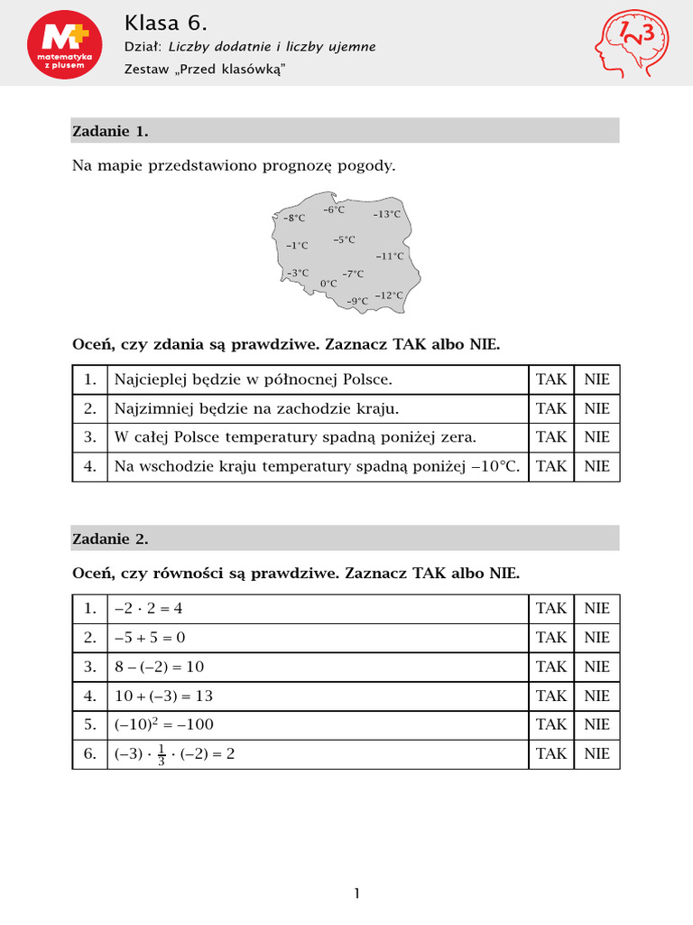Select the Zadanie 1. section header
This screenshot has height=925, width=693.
110,131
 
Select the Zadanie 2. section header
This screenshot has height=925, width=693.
110,539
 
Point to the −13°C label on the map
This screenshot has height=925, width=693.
386,214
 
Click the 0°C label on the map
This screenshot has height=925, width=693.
328,283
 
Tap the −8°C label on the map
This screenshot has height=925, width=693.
293,218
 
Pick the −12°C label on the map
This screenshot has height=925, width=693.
389,295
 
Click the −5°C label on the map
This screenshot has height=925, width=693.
344,239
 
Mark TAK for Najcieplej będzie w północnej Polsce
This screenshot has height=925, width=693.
551,379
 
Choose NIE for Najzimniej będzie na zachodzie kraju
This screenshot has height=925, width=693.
596,408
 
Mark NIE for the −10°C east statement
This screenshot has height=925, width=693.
596,466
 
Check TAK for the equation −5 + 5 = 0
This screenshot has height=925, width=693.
551,638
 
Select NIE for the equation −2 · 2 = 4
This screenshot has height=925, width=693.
596,609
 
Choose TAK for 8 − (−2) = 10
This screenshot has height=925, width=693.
551,667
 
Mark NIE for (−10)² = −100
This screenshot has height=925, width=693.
596,724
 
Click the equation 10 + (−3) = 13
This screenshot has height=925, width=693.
163,696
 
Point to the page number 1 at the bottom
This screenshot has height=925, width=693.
356,894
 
